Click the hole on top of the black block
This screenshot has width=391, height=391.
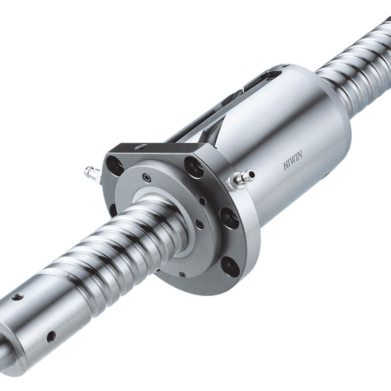point(142,147)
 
